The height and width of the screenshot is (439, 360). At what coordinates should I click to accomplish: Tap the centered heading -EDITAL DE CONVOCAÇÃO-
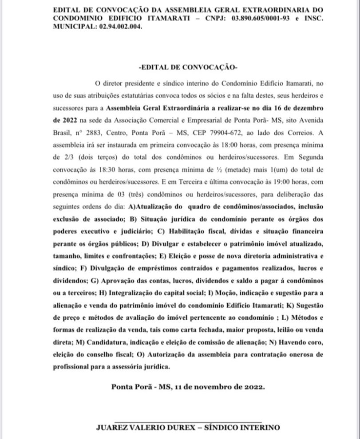pos(188,67)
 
